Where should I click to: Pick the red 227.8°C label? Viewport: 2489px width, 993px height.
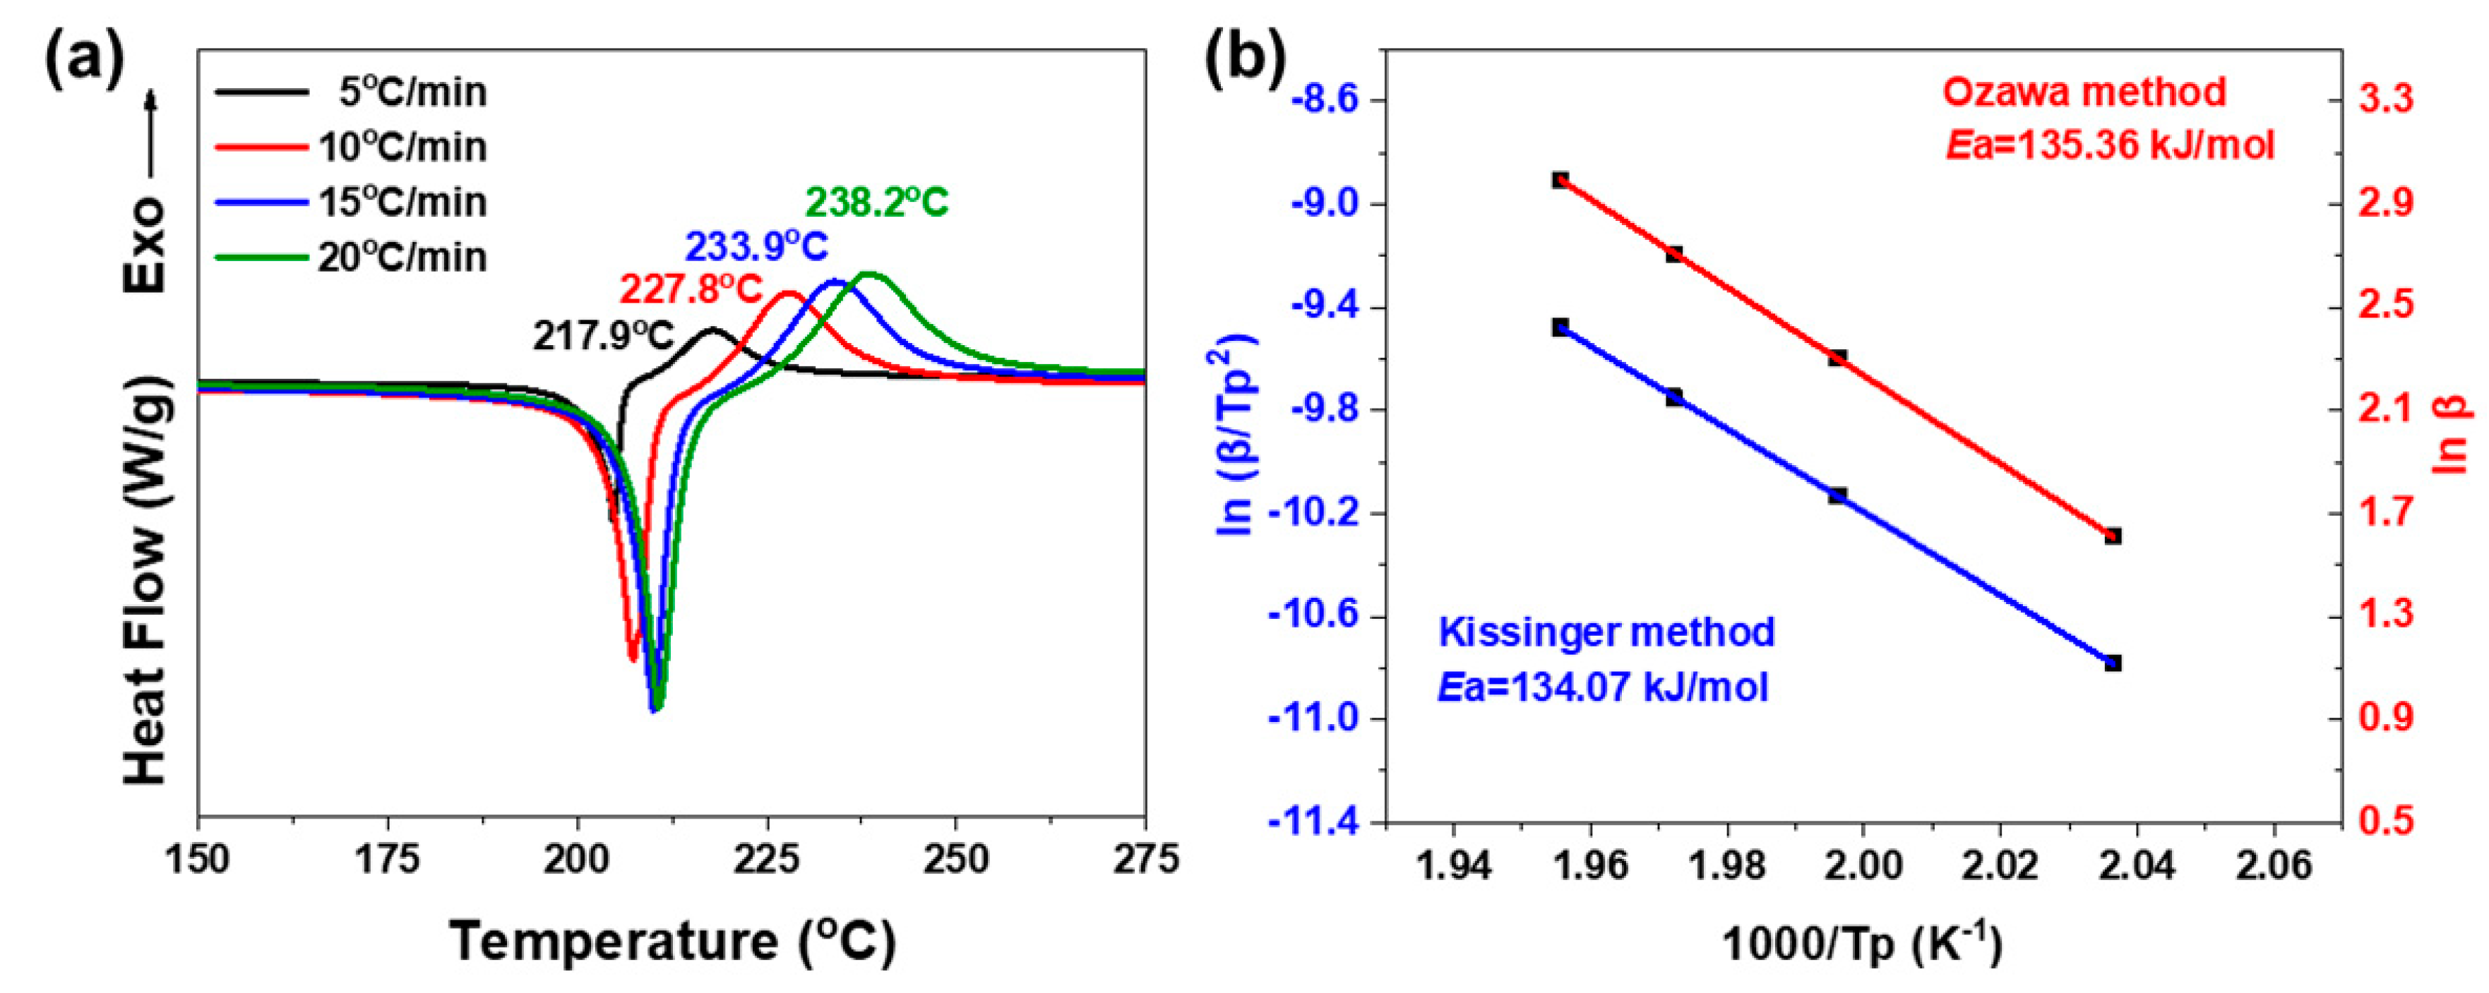click(x=690, y=289)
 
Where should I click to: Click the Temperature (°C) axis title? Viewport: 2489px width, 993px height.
click(x=672, y=941)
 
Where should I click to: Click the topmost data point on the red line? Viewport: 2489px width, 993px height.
click(x=1560, y=180)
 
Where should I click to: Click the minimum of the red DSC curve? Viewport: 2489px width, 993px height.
click(x=633, y=658)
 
